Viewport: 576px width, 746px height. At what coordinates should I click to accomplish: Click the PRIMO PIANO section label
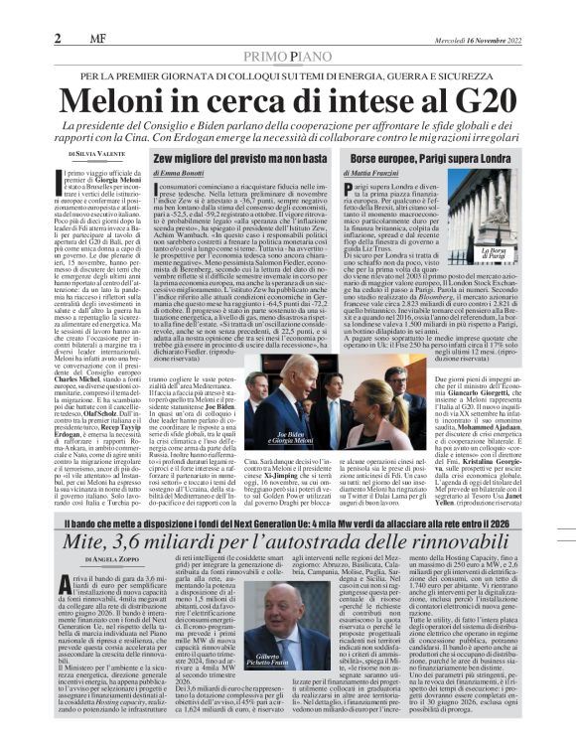click(287, 58)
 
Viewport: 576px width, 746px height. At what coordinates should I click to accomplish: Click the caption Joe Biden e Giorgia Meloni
click(270, 411)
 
